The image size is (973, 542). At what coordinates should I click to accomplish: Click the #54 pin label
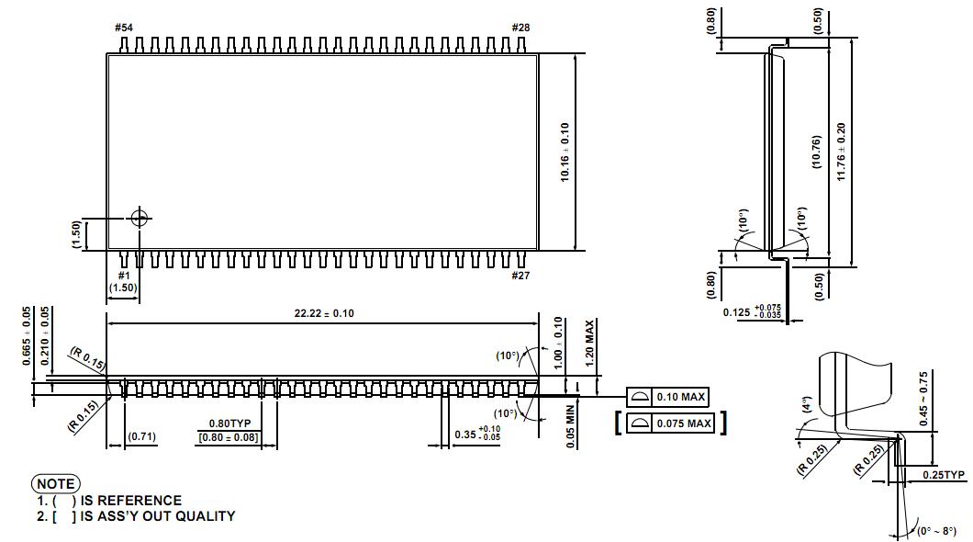[x=123, y=28]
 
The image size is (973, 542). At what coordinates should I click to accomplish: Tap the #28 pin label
[x=520, y=28]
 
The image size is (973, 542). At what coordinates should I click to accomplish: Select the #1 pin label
[x=123, y=276]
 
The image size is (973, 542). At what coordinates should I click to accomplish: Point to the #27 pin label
[x=520, y=276]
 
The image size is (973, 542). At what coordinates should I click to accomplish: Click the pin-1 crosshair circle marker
[x=140, y=218]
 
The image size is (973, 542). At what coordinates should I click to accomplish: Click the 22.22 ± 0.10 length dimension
[x=324, y=313]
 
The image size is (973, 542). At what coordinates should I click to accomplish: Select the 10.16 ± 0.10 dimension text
[x=565, y=152]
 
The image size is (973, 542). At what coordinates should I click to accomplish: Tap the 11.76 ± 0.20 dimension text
[x=841, y=152]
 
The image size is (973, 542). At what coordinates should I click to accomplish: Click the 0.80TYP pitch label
[x=229, y=423]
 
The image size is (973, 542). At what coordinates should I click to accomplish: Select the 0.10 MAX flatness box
[x=668, y=397]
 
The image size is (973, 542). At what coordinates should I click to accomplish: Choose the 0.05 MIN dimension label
[x=571, y=426]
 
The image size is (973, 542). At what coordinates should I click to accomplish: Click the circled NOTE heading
[x=56, y=483]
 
